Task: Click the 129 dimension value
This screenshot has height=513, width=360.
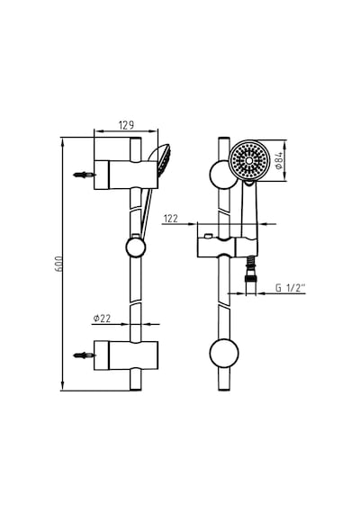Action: point(126,125)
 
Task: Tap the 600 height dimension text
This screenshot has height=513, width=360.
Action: point(58,264)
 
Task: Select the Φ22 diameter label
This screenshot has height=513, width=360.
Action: point(102,319)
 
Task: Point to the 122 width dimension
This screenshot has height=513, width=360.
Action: point(171,219)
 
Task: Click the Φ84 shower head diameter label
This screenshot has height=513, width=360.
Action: point(279,160)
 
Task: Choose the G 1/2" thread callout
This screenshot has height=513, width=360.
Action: point(291,288)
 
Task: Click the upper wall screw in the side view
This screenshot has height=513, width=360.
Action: point(84,175)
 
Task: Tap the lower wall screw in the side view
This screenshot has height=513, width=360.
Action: point(84,355)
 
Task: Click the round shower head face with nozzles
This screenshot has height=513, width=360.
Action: point(249,160)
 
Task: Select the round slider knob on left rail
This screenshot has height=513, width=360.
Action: point(136,247)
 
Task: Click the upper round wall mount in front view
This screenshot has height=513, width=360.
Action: point(222,175)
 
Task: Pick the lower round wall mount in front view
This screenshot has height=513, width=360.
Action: point(224,353)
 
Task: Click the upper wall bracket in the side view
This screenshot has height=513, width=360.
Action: point(126,175)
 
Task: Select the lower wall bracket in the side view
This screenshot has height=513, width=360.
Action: point(126,355)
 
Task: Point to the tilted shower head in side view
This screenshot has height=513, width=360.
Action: point(160,159)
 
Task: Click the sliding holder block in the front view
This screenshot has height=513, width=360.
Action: point(228,247)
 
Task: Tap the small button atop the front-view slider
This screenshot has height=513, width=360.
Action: point(208,236)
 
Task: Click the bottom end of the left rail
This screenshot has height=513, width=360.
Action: point(136,390)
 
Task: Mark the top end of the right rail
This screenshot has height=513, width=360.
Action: point(224,139)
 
